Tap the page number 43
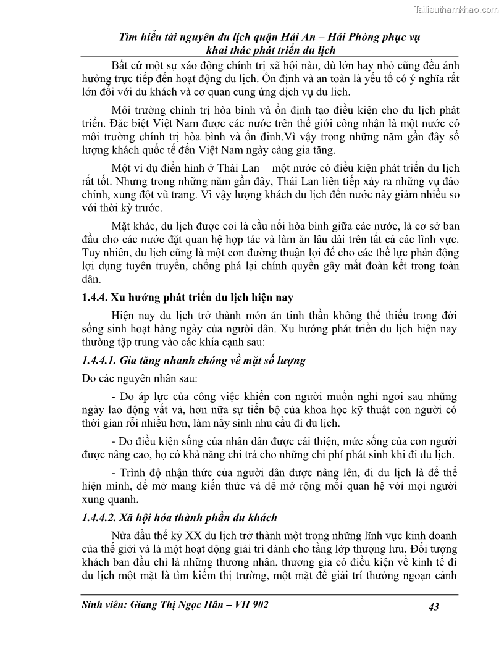[x=433, y=608]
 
